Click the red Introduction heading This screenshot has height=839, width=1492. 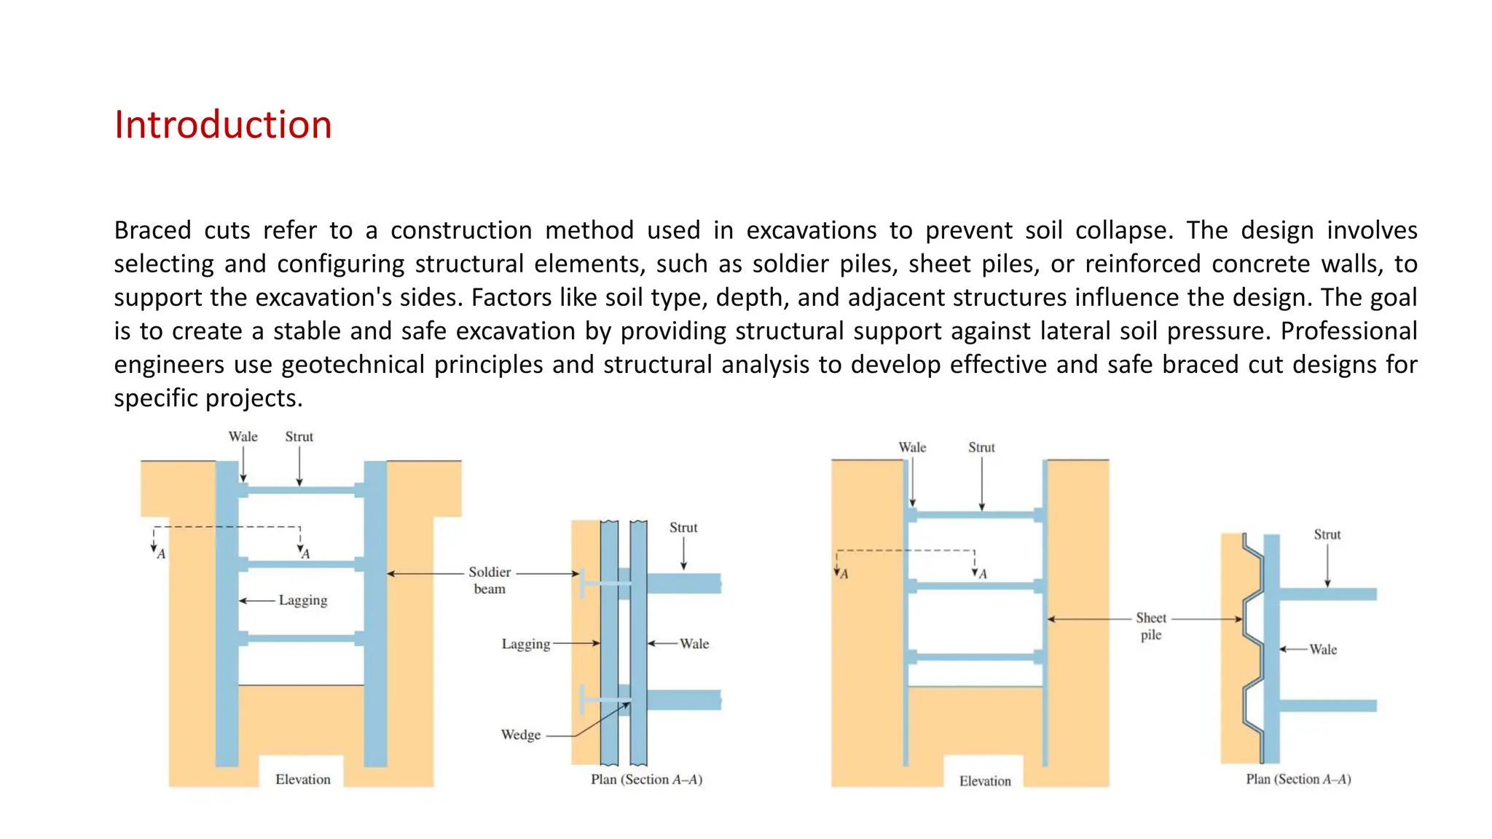pos(223,125)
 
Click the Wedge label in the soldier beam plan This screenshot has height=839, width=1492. pos(520,735)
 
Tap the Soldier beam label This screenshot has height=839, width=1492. pos(490,580)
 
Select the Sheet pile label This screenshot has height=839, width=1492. pos(1150,626)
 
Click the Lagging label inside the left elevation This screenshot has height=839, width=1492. pos(303,600)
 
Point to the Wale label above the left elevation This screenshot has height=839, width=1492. pos(243,436)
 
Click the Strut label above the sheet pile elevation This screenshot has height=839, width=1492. pos(981,447)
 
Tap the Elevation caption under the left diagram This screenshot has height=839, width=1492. pos(303,779)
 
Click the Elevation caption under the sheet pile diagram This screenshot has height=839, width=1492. pos(985,781)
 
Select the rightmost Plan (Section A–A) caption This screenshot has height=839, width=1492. pos(1298,779)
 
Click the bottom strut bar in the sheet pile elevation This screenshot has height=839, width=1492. pos(975,657)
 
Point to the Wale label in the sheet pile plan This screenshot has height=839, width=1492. pos(1323,649)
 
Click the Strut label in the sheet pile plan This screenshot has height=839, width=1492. pos(1327,535)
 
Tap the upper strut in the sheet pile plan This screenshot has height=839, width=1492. pos(1327,594)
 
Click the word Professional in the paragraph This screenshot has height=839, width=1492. pos(1348,331)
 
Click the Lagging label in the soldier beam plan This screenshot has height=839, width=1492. pos(525,644)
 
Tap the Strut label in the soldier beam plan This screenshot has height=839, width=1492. pos(683,527)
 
